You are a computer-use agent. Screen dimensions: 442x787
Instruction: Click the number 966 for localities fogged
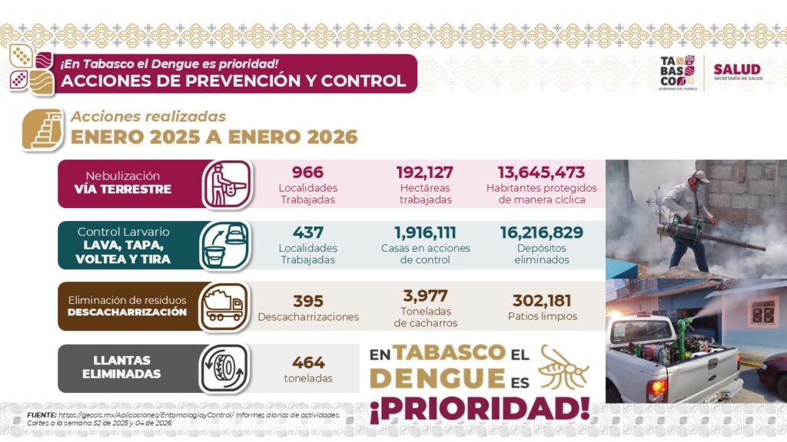tap(307, 173)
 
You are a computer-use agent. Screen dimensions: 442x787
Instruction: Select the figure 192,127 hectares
tap(424, 173)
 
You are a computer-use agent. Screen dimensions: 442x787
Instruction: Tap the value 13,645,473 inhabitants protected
tap(541, 173)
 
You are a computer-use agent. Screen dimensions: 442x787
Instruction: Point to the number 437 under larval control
tap(307, 233)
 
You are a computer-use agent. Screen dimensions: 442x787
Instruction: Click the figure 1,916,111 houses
tap(425, 233)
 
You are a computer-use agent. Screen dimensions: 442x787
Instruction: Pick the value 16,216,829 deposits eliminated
tap(541, 233)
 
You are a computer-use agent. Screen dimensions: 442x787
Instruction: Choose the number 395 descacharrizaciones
tap(308, 301)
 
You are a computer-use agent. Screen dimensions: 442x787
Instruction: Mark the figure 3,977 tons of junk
tap(425, 295)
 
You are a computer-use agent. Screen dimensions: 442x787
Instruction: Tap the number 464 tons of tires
tap(308, 362)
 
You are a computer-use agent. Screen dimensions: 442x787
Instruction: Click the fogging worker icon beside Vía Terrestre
tap(227, 184)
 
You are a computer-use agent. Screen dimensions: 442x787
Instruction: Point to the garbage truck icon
tap(224, 306)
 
